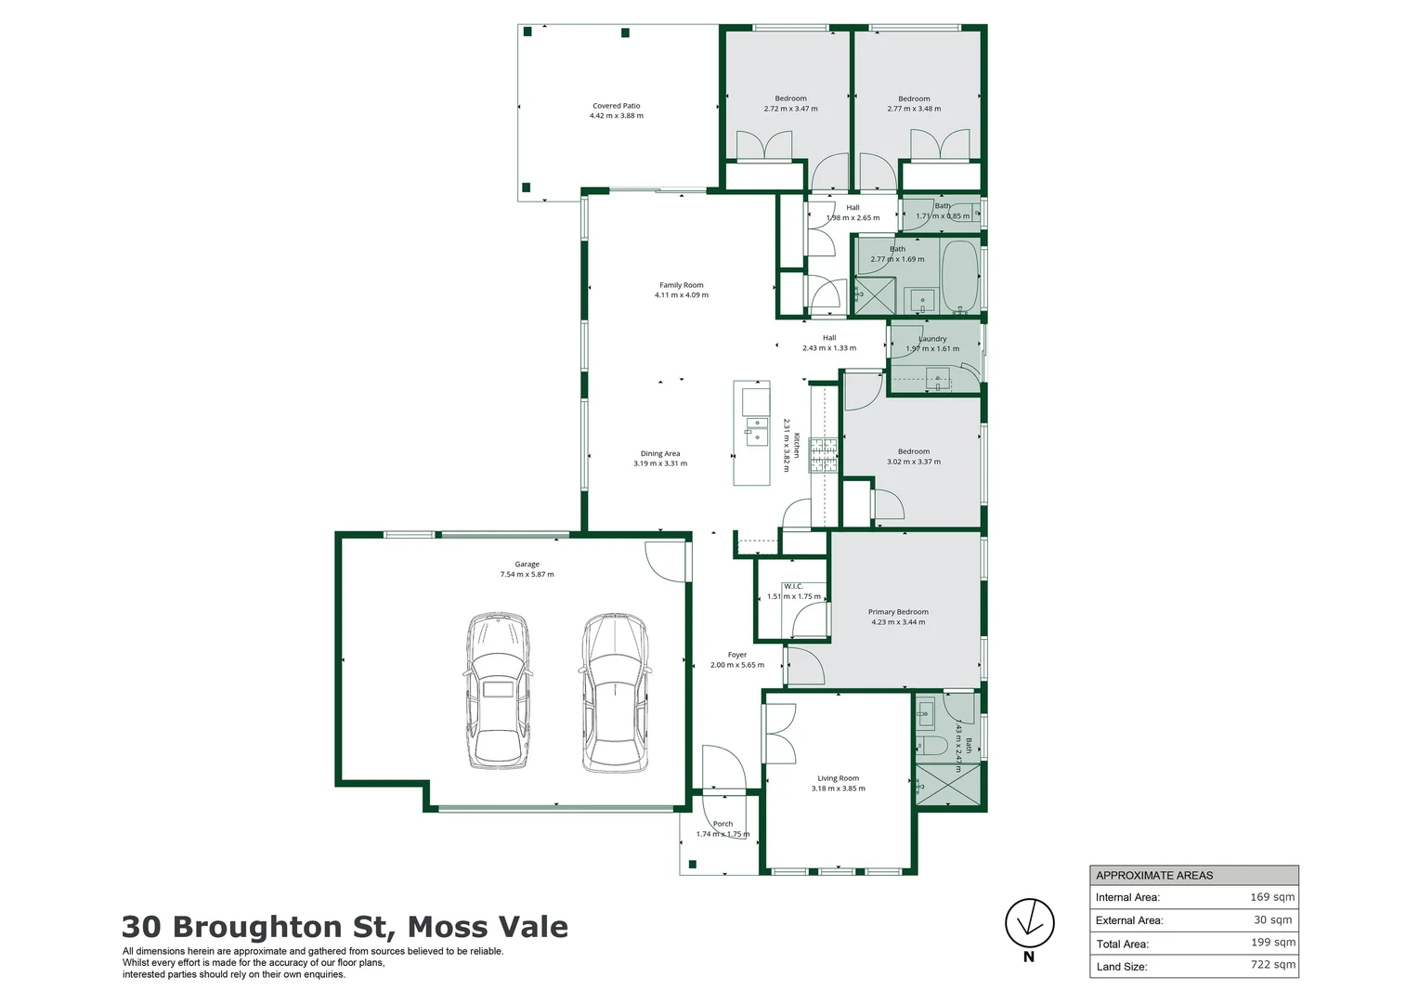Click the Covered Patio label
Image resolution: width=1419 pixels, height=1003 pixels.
(616, 106)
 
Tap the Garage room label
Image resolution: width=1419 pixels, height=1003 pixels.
(527, 565)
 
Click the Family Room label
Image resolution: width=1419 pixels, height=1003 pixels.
(681, 285)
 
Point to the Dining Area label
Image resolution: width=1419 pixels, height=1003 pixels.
(659, 454)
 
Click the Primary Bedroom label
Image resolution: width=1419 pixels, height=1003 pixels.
(898, 612)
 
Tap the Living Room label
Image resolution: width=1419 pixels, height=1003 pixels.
(838, 778)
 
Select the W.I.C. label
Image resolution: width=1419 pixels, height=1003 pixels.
(793, 586)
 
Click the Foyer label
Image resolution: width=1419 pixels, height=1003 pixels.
(736, 655)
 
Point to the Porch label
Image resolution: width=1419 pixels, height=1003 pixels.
(723, 824)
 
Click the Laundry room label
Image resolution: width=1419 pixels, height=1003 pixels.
(932, 339)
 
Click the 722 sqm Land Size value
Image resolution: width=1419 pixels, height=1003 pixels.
(1272, 965)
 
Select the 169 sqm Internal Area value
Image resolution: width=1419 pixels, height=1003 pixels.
(1272, 897)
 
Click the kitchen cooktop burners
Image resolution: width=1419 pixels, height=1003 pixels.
(823, 455)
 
